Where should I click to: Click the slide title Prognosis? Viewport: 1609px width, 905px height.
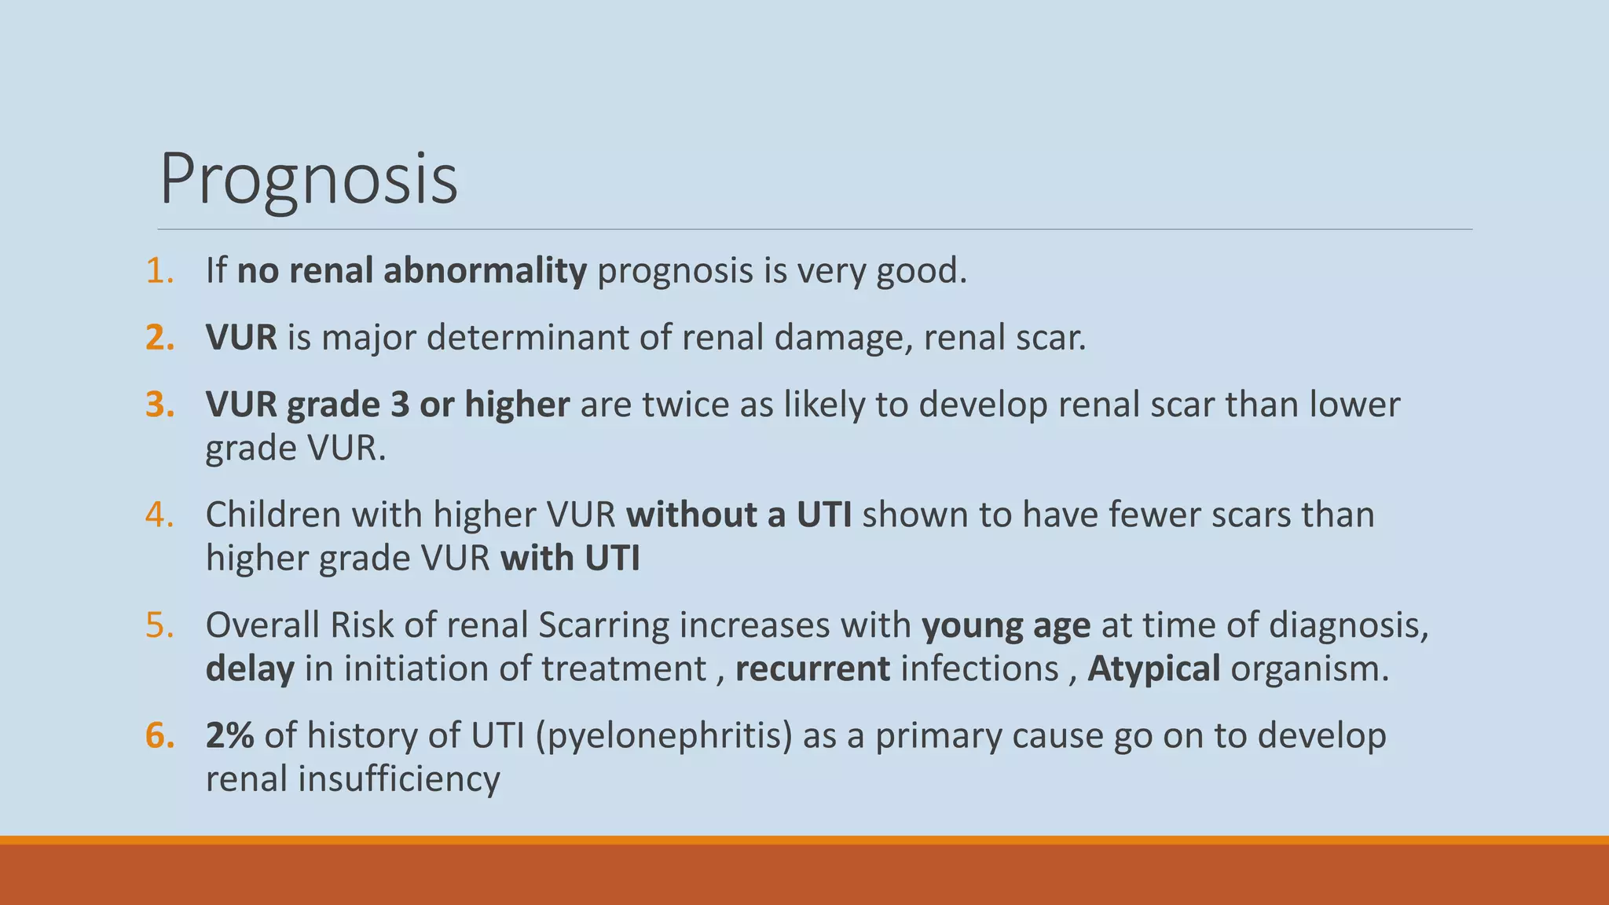[x=308, y=180]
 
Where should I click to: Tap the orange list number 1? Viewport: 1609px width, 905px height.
[x=159, y=270]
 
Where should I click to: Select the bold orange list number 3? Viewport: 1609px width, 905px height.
[x=159, y=405]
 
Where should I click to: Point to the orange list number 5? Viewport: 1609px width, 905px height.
[x=159, y=625]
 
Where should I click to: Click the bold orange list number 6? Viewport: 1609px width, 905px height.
[x=159, y=736]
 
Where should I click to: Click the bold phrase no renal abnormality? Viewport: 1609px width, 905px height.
[x=412, y=270]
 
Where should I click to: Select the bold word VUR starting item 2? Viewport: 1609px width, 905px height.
[x=241, y=338]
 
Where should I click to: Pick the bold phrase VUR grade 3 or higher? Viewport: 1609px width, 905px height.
[x=387, y=405]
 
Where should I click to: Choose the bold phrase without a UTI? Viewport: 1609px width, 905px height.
[x=739, y=515]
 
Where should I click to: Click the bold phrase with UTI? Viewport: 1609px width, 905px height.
[x=570, y=559]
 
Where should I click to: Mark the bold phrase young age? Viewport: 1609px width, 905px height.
[x=1006, y=625]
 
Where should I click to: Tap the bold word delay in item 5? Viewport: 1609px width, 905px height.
[x=250, y=669]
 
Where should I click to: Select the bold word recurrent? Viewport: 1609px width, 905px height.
[x=812, y=669]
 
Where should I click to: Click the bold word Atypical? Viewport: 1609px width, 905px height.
[x=1153, y=669]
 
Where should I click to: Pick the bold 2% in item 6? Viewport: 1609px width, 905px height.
[x=229, y=736]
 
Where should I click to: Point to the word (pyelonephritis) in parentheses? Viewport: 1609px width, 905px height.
[x=664, y=736]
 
